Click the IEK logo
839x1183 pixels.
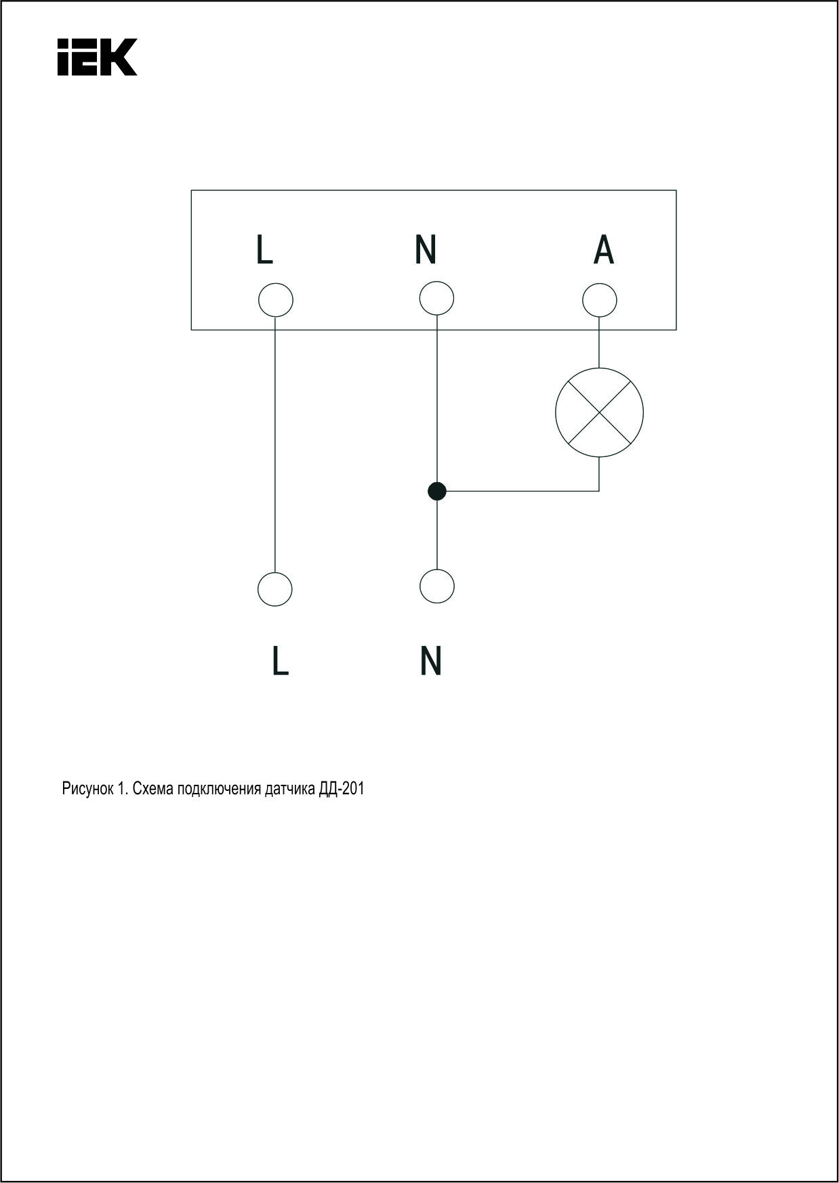[97, 56]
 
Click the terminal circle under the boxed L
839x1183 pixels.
[276, 300]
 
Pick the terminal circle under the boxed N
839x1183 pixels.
[436, 299]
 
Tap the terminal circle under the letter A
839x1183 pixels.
[600, 300]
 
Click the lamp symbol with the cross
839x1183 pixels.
[599, 412]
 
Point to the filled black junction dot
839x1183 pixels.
[437, 491]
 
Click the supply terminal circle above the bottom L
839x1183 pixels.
[275, 589]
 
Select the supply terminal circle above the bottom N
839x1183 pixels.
[436, 586]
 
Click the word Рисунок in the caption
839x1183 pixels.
[87, 789]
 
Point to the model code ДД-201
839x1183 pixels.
[342, 789]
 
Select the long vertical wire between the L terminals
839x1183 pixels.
[275, 445]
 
